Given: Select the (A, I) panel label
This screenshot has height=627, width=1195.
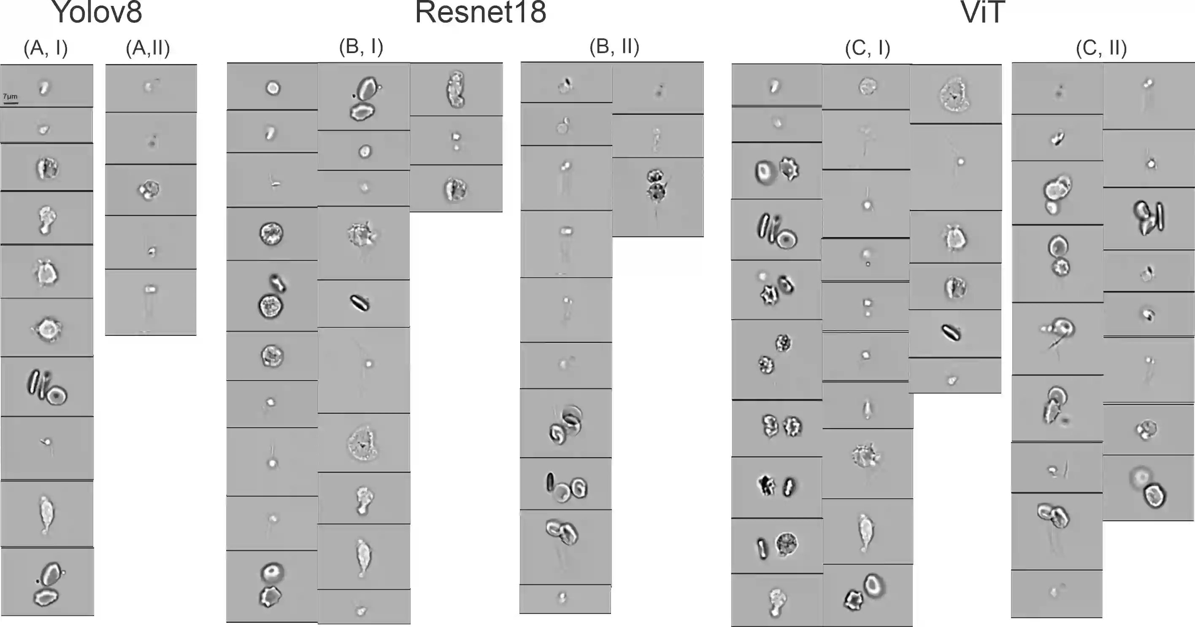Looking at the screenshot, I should (46, 48).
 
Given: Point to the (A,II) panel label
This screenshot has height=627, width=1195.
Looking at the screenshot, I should (148, 48).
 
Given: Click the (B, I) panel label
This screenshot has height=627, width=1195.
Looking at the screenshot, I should (361, 46).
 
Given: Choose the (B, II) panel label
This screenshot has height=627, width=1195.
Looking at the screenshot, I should (614, 46).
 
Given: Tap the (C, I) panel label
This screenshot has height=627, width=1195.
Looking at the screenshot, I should (868, 48).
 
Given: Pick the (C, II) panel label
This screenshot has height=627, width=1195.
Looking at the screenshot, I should (1101, 48).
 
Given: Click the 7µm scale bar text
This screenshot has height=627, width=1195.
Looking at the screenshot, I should (10, 96).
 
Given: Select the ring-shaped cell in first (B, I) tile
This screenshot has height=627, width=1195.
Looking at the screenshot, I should (273, 88).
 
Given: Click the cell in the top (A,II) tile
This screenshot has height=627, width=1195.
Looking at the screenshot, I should (149, 86).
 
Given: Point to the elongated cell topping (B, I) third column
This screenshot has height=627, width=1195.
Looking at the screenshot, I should (456, 89).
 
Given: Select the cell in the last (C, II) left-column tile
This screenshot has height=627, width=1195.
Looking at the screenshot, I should (1054, 592).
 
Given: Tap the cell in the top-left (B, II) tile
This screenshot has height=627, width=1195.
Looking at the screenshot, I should (565, 85).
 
